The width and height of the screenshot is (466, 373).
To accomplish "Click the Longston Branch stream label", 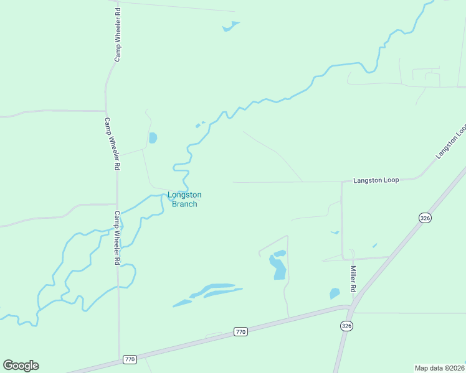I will tap(184, 199).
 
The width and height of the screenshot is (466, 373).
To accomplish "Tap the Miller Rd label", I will tap(353, 279).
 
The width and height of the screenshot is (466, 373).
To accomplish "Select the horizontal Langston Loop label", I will tap(376, 180).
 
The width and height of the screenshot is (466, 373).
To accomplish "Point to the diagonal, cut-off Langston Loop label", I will tap(452, 141).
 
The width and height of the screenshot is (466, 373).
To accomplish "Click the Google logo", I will tap(21, 366).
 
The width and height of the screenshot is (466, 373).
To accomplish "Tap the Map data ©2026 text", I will tap(439, 367).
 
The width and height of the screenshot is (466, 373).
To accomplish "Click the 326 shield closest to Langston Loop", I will tap(425, 218).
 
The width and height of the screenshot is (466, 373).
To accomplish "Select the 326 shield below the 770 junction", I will tap(347, 326).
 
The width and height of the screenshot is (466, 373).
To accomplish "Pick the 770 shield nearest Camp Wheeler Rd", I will tap(130, 359).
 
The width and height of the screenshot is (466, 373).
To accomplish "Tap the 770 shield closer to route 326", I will tap(241, 332).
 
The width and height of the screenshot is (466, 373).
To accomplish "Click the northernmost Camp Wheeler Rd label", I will tap(117, 43).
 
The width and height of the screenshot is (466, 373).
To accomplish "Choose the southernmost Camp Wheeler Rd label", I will tap(117, 238).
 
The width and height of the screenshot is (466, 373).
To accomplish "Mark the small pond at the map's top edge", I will tap(231, 26).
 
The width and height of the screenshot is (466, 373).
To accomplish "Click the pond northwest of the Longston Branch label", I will tap(153, 137).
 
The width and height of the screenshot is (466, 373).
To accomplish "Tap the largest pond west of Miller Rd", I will tap(278, 267).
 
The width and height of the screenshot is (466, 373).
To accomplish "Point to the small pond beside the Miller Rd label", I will tap(335, 293).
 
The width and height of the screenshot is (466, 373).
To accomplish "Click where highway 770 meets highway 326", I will tap(351, 306).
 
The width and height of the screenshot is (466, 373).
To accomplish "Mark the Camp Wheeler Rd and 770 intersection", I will tap(119, 359).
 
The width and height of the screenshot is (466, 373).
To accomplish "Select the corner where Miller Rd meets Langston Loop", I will tap(341, 182).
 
